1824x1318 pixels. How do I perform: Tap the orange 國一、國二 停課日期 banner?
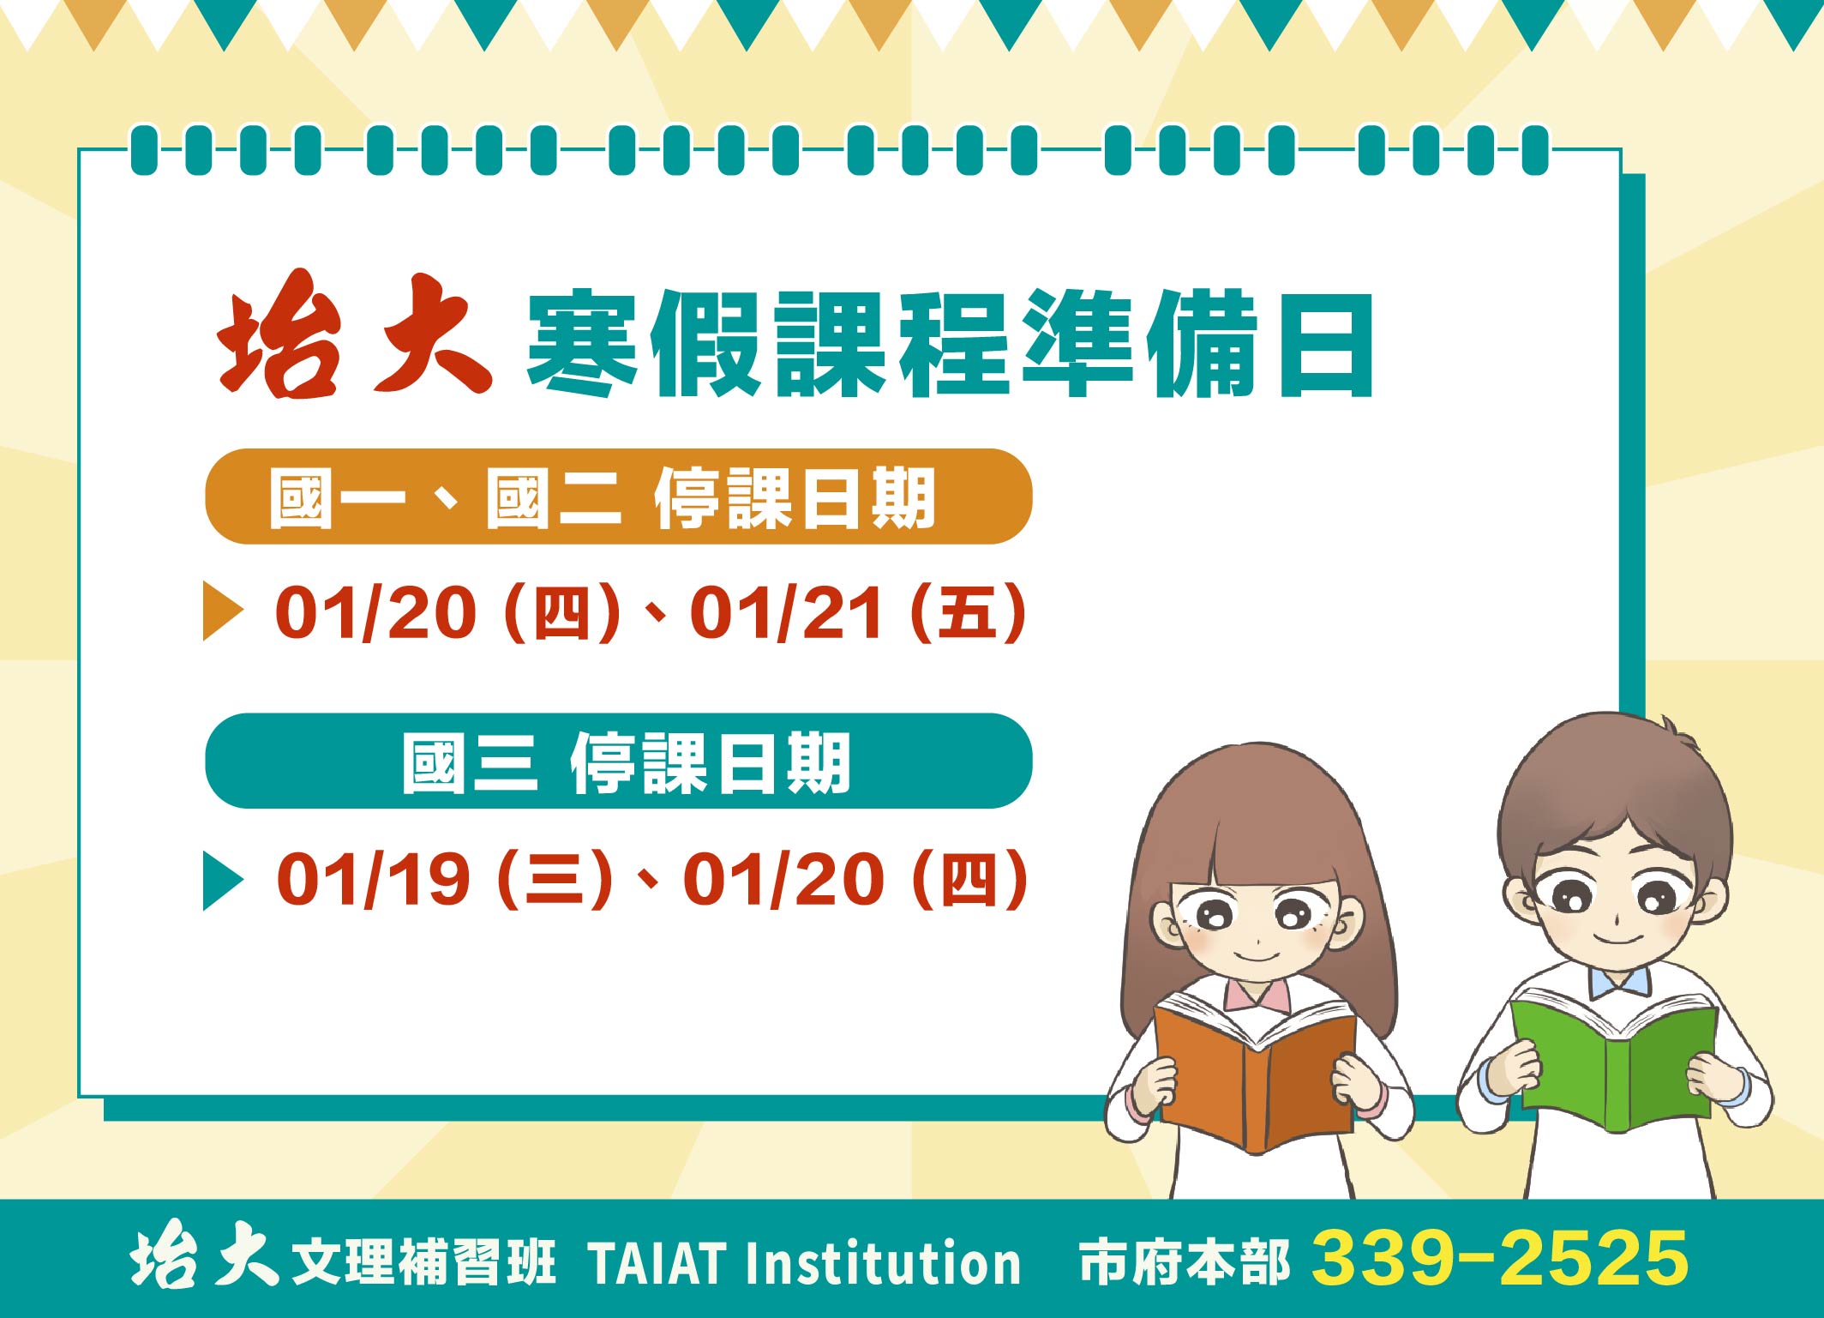coord(618,497)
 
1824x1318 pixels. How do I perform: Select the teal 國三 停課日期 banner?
coord(618,761)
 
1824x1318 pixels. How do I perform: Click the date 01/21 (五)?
coord(858,612)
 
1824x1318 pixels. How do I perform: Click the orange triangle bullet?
coord(223,611)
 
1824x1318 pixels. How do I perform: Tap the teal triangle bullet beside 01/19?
coord(223,881)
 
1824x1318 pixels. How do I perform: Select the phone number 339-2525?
coord(1500,1258)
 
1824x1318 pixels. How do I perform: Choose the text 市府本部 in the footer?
coord(1184,1261)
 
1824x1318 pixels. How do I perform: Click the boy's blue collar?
coord(1618,980)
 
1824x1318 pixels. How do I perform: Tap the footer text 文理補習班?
coord(423,1262)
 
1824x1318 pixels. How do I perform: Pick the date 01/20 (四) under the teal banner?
coord(855,878)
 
